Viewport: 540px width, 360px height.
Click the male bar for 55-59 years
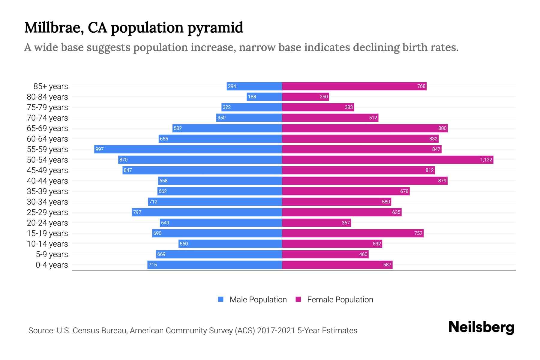pos(188,149)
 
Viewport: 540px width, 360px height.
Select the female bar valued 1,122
pos(388,160)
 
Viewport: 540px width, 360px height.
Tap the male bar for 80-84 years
pos(264,97)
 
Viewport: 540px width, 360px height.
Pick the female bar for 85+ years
pos(354,86)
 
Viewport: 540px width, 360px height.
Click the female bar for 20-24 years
pos(316,223)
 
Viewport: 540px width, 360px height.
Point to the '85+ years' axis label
pos(51,86)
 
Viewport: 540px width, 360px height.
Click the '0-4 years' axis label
pos(52,265)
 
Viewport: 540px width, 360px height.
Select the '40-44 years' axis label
pos(47,181)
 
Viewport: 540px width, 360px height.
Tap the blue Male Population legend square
pos(221,299)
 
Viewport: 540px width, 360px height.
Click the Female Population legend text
pos(340,300)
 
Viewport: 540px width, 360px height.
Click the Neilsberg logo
pos(481,327)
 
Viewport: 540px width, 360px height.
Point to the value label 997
pos(100,149)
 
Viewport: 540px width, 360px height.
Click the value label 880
pos(442,128)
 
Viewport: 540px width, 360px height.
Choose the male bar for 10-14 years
pos(230,244)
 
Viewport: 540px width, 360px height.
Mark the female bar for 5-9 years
pos(325,254)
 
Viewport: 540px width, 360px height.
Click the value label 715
pos(153,265)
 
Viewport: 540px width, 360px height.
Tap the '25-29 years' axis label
pos(47,212)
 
